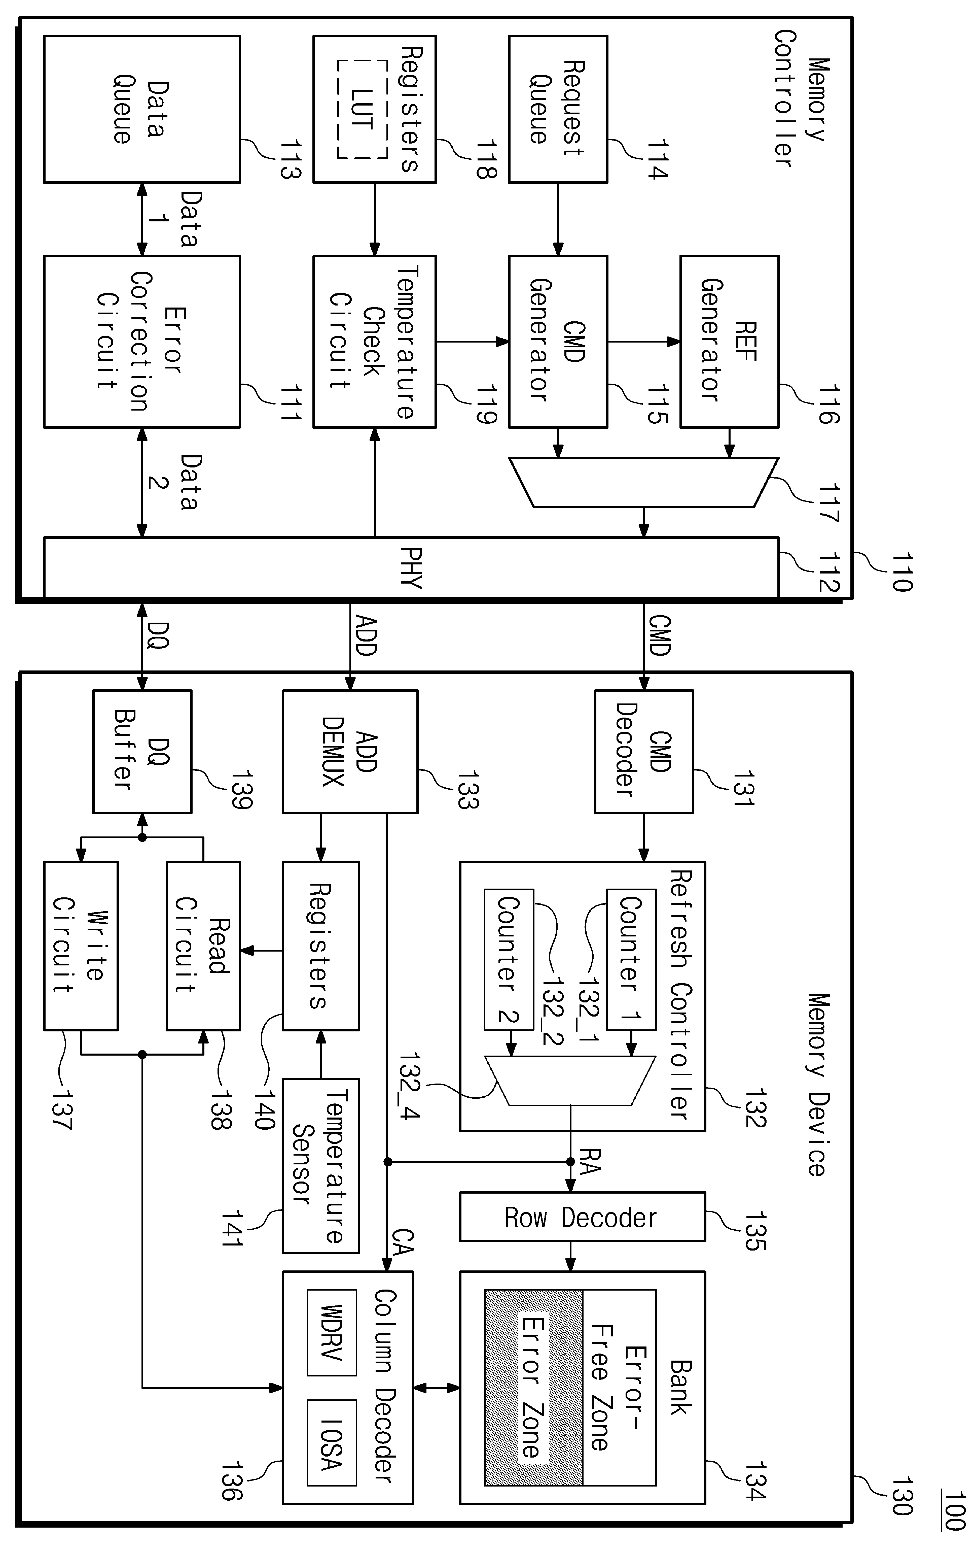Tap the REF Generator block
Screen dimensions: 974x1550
pos(730,342)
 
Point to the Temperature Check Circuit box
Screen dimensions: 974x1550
pos(374,342)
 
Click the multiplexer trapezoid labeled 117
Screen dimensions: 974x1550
pos(643,482)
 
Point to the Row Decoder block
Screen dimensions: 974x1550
pos(582,1217)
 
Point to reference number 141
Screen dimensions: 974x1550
pos(232,1228)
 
